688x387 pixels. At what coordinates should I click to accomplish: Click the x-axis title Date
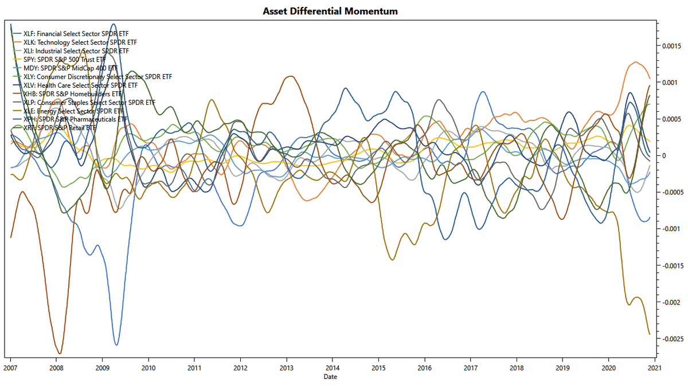point(330,377)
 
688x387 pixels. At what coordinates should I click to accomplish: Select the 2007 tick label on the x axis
point(10,367)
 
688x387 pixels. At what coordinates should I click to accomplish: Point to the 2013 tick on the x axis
point(286,367)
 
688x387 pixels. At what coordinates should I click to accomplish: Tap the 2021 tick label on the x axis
point(654,367)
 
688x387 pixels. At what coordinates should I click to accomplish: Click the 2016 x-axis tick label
point(424,367)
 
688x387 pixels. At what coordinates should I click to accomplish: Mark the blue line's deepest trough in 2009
point(116,345)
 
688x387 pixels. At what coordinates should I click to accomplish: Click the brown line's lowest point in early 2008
point(60,353)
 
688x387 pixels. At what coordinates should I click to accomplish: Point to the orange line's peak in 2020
point(635,62)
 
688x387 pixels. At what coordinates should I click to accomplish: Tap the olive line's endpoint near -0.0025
point(649,334)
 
